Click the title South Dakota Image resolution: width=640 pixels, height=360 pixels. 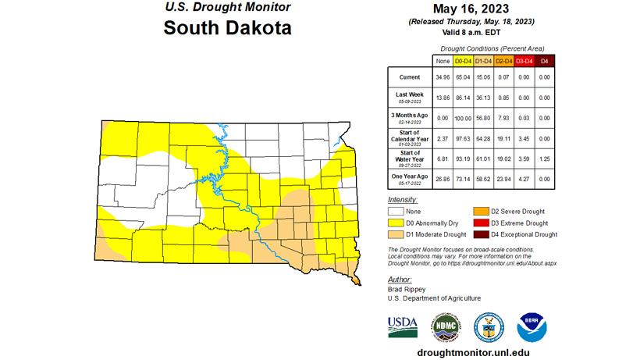coord(227,29)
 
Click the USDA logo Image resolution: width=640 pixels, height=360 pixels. coord(402,326)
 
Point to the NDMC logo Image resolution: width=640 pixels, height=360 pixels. coord(446,328)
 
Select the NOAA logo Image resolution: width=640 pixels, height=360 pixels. coord(532,328)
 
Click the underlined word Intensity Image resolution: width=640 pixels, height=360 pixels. coord(402,201)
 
